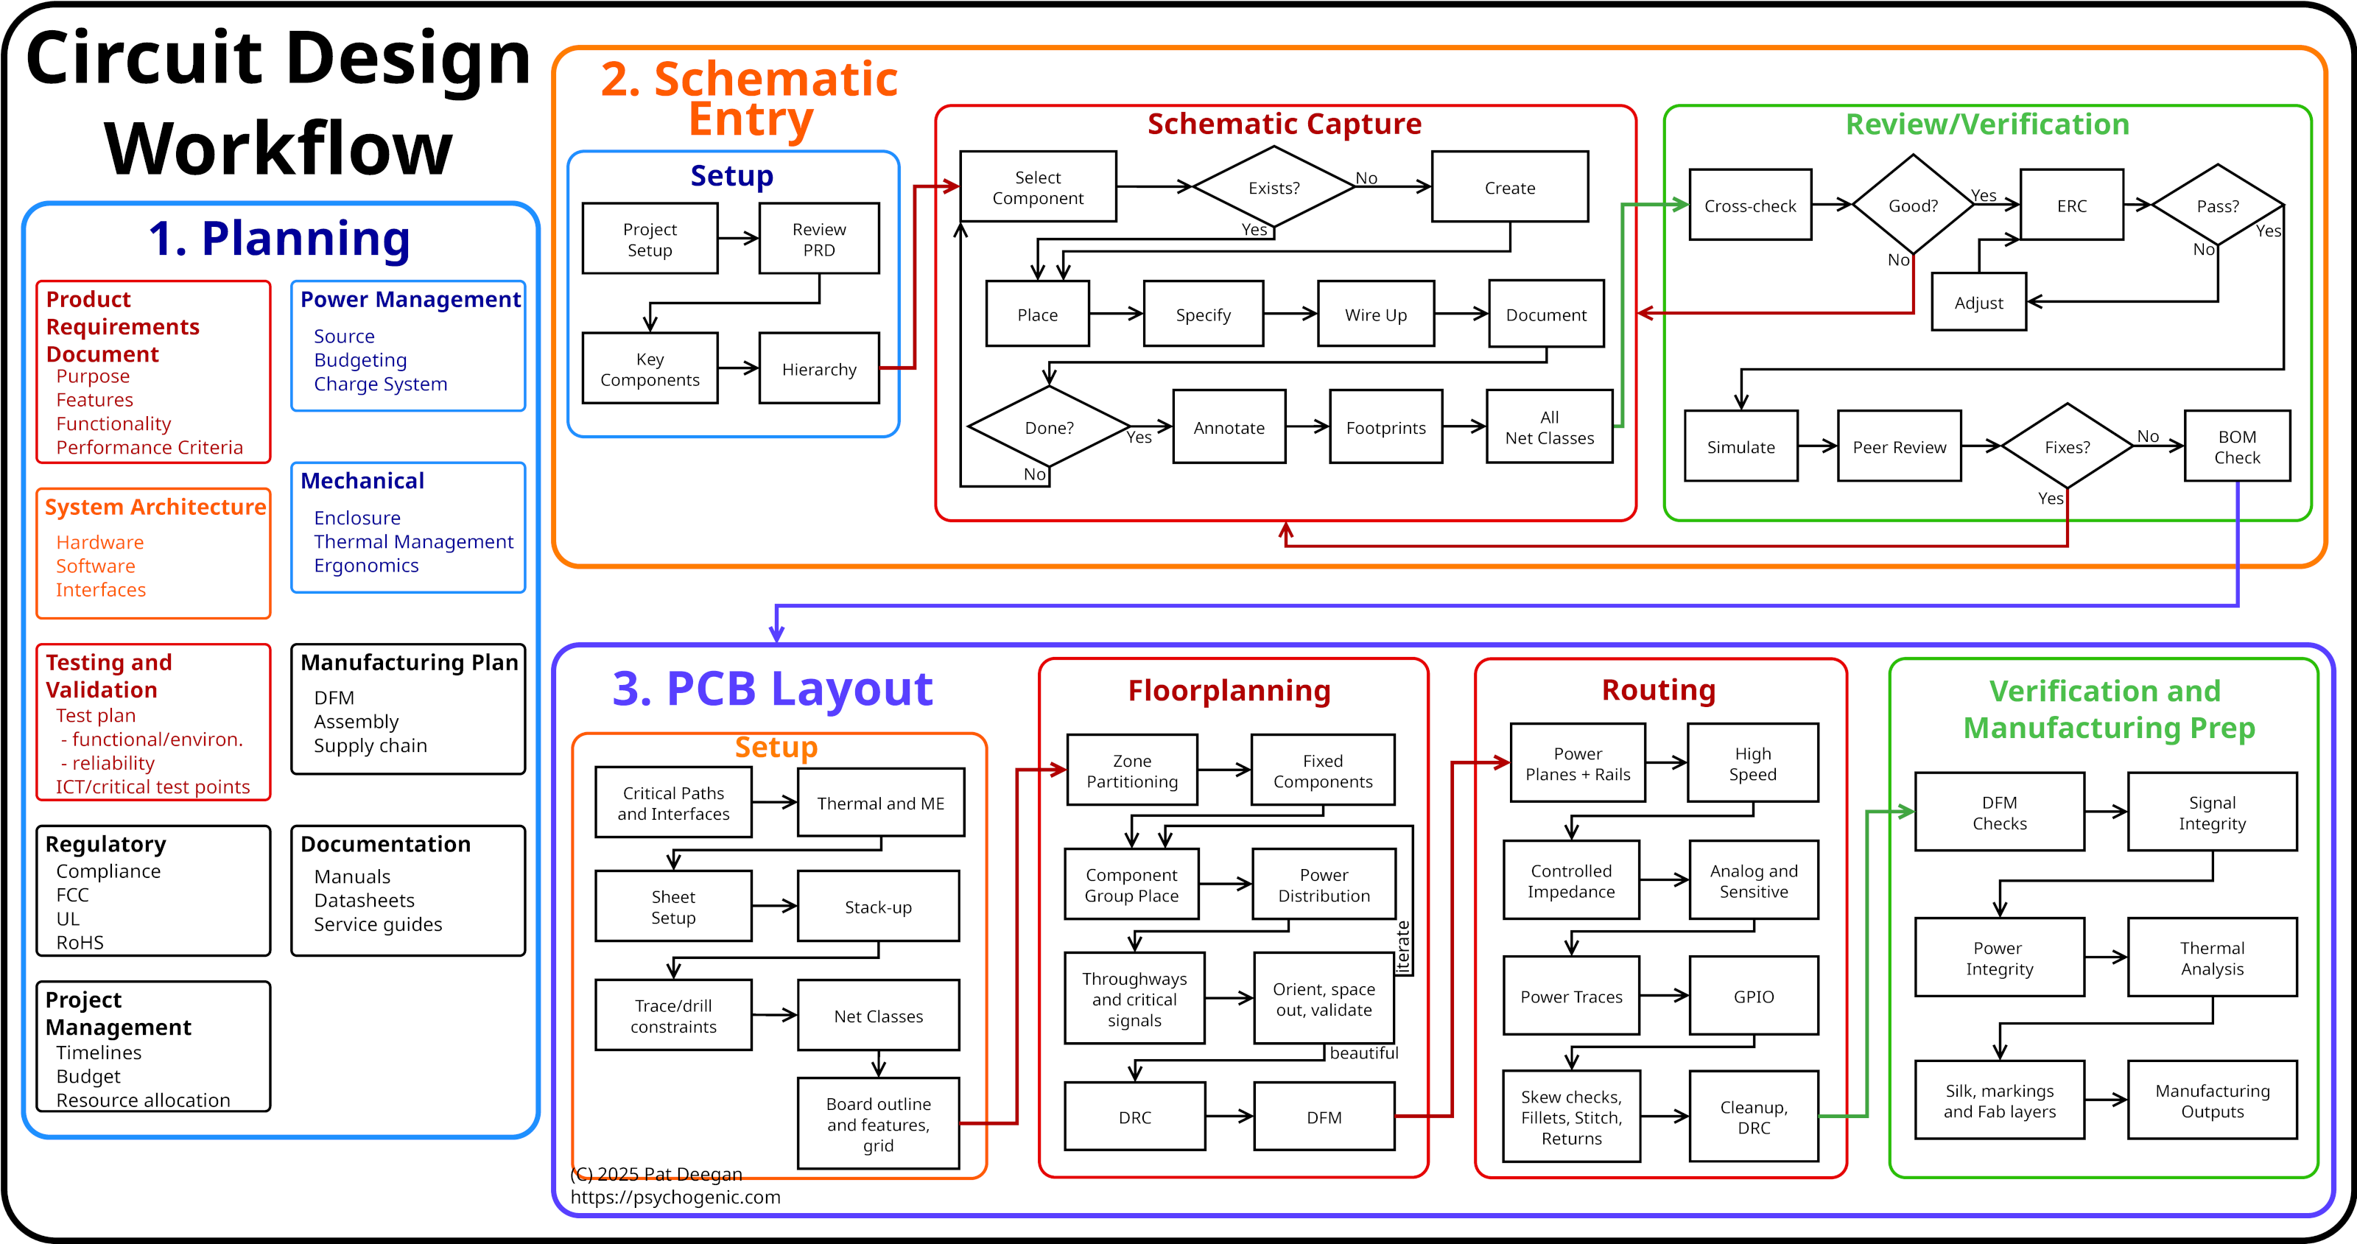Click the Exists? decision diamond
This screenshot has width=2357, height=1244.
(1274, 188)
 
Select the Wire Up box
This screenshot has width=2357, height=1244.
(1375, 314)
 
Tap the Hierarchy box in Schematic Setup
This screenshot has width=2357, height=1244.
(819, 368)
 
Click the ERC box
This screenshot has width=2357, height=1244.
(2071, 205)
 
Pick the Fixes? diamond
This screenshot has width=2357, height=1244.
(2067, 446)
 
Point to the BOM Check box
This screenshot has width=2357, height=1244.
(2236, 446)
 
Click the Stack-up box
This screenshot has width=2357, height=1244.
(877, 907)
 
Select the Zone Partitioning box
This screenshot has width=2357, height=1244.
(1132, 770)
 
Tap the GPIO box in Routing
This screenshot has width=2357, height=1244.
(1753, 996)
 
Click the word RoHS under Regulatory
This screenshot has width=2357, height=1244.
(80, 942)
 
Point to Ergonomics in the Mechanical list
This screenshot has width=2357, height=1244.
(366, 566)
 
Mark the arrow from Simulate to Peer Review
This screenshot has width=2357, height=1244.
(1817, 446)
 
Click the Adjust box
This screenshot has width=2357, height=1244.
(1978, 302)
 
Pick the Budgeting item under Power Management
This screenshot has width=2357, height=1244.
(359, 359)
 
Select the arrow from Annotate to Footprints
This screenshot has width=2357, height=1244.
(1307, 426)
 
